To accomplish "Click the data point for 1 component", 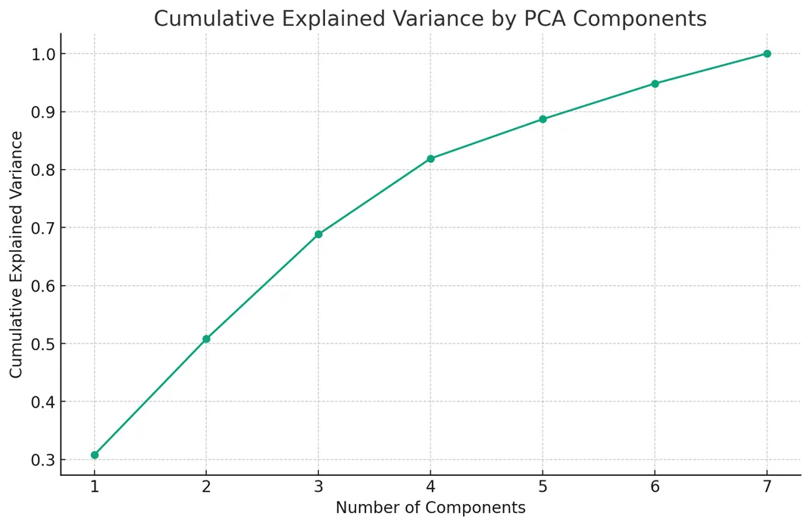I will (95, 455).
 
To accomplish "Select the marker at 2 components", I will (206, 339).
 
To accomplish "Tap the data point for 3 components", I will (318, 234).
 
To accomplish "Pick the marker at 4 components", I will (430, 158).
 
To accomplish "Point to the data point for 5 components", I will (543, 119).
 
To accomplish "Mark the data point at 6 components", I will (655, 83).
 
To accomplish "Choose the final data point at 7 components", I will (767, 54).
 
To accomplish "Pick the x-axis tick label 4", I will (430, 487).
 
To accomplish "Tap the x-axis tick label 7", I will (767, 487).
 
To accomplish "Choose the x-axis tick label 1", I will (95, 487).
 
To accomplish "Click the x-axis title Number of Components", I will (430, 508).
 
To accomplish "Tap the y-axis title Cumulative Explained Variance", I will (16, 254).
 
